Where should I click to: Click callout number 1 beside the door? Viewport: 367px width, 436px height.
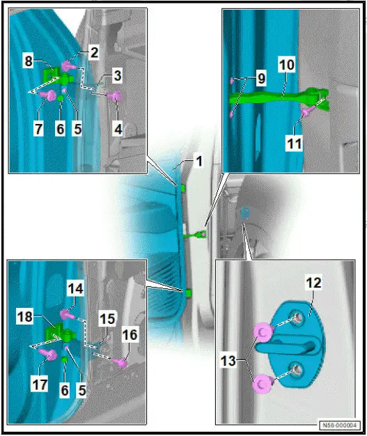(199, 162)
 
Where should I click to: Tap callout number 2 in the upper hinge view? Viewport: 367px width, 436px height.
(94, 52)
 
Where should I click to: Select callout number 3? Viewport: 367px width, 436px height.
(118, 76)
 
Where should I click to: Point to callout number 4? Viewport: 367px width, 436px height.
(118, 130)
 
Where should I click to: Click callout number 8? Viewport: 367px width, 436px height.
(29, 61)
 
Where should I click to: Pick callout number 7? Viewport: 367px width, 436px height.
(38, 129)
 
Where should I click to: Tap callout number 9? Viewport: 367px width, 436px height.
(261, 78)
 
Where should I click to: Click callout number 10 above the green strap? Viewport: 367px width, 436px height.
(287, 65)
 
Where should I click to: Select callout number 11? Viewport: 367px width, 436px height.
(294, 143)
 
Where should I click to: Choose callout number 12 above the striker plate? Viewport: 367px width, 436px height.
(313, 283)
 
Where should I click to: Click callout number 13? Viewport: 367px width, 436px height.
(228, 361)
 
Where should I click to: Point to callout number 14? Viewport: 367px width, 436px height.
(75, 288)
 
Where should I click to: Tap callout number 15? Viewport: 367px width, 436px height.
(107, 319)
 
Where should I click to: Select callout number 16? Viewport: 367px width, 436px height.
(130, 335)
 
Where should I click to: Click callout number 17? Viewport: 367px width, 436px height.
(40, 385)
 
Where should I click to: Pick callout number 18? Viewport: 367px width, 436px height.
(25, 317)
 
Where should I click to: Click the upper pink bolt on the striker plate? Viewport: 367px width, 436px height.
(263, 332)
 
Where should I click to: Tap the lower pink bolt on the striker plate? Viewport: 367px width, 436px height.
(262, 384)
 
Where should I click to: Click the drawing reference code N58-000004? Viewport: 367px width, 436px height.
(339, 425)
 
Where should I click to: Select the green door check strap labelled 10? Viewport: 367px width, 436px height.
(278, 98)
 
